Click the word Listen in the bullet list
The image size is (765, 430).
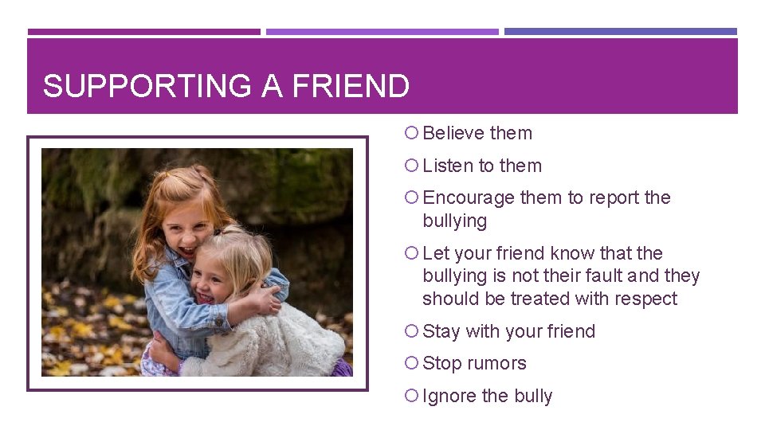pos(447,166)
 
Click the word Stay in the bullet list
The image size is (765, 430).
pos(441,331)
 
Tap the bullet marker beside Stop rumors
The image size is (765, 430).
pos(411,364)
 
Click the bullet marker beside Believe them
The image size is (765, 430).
pos(411,134)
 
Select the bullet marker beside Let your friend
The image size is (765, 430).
pos(411,253)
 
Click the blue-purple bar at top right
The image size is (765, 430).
pos(621,32)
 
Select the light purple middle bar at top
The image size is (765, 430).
pos(382,32)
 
